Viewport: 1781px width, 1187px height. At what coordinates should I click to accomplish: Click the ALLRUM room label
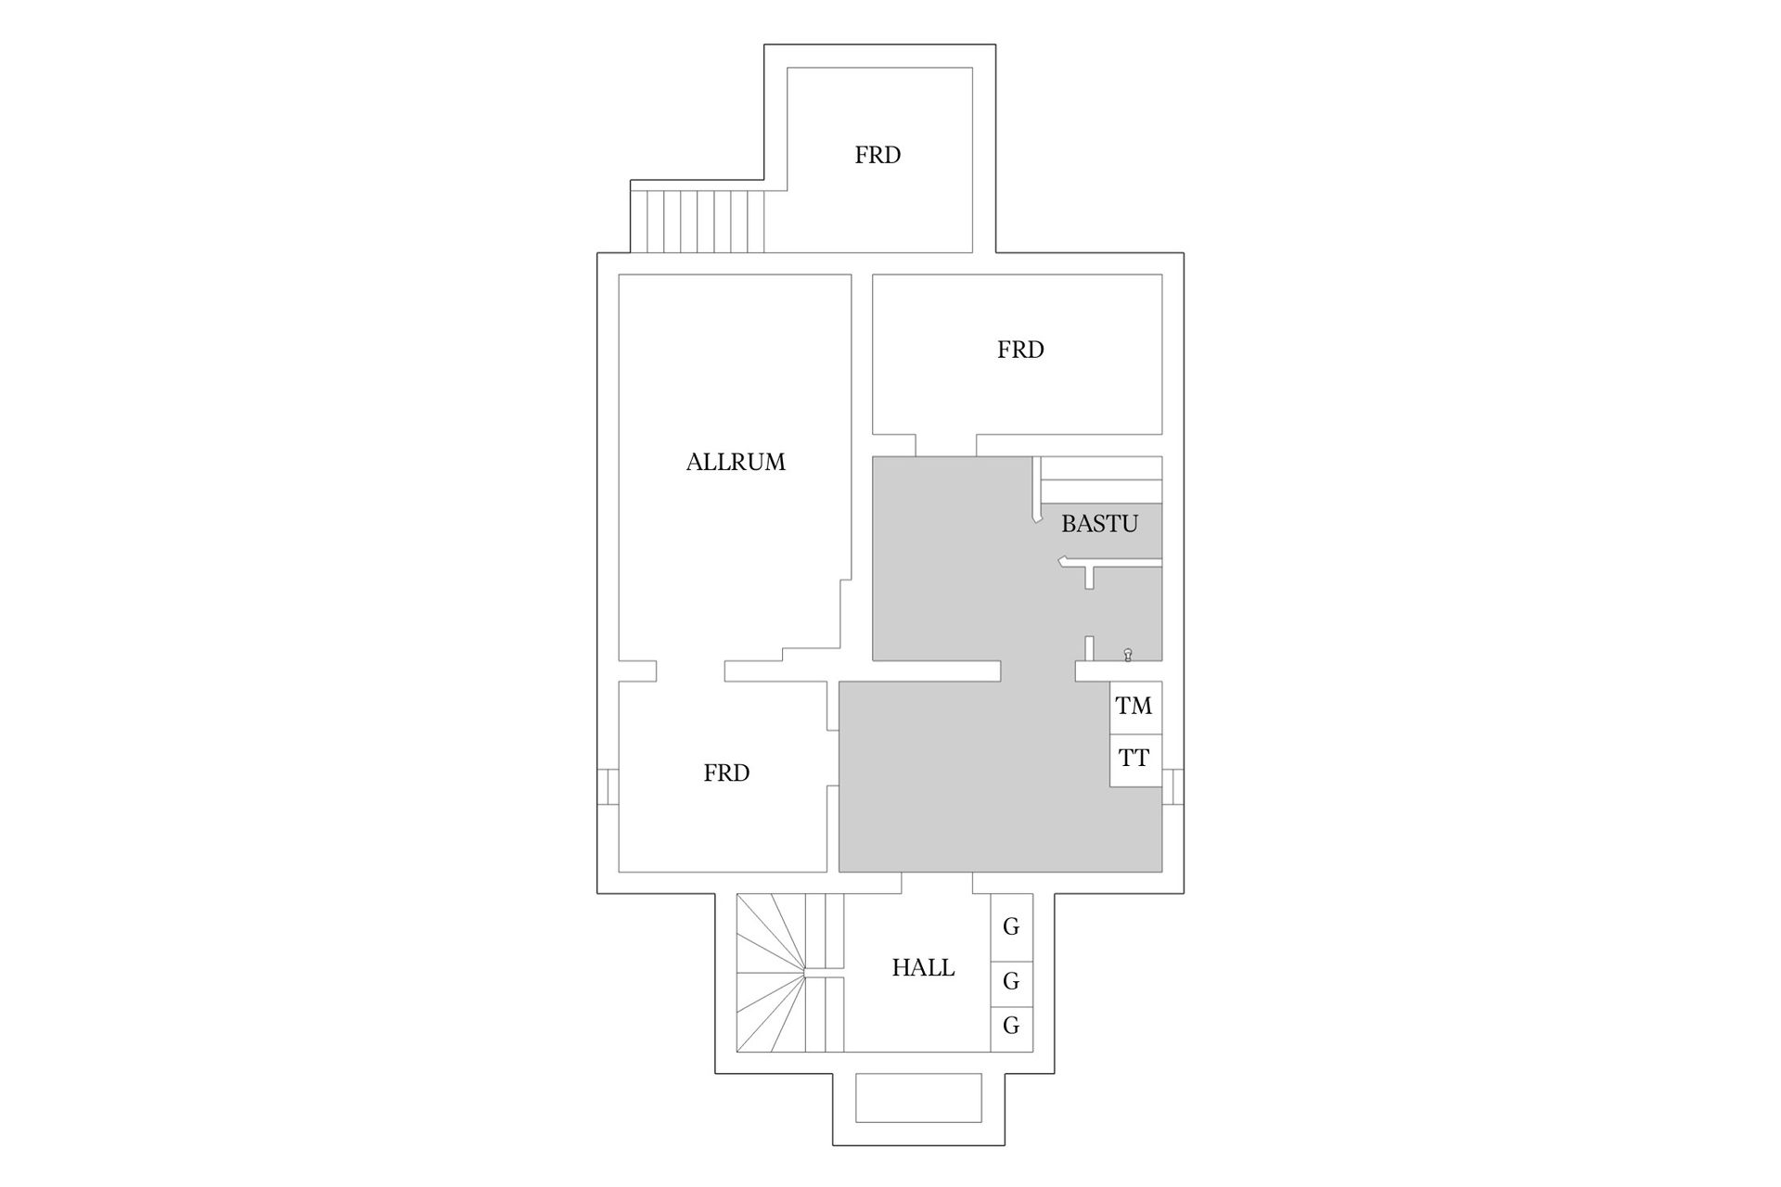(x=736, y=462)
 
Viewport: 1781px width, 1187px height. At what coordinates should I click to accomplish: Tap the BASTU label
(x=1099, y=524)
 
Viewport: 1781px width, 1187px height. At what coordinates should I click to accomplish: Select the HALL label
(x=923, y=968)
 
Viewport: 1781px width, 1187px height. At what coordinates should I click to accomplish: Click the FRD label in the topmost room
(x=878, y=155)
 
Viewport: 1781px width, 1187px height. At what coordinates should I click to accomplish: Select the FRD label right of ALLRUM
(x=1020, y=350)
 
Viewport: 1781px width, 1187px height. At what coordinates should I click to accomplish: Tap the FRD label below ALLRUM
(x=726, y=773)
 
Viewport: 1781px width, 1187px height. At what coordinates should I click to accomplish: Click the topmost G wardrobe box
(x=1011, y=926)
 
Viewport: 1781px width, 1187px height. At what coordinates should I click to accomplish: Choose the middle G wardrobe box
(x=1011, y=981)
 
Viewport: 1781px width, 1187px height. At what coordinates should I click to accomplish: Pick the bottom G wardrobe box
(x=1011, y=1027)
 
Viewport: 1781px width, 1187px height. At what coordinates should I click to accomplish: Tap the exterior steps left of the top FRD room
(x=698, y=221)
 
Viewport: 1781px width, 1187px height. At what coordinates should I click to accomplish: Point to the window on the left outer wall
(x=608, y=786)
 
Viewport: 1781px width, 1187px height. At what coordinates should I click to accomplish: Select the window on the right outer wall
(x=1173, y=786)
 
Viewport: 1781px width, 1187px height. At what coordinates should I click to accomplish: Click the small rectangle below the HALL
(x=918, y=1098)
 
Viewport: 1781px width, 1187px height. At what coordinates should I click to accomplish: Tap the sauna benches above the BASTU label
(x=1101, y=479)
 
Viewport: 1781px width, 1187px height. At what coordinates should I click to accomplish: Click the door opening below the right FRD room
(x=945, y=445)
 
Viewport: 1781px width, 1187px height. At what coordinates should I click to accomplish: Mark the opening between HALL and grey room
(x=937, y=883)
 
